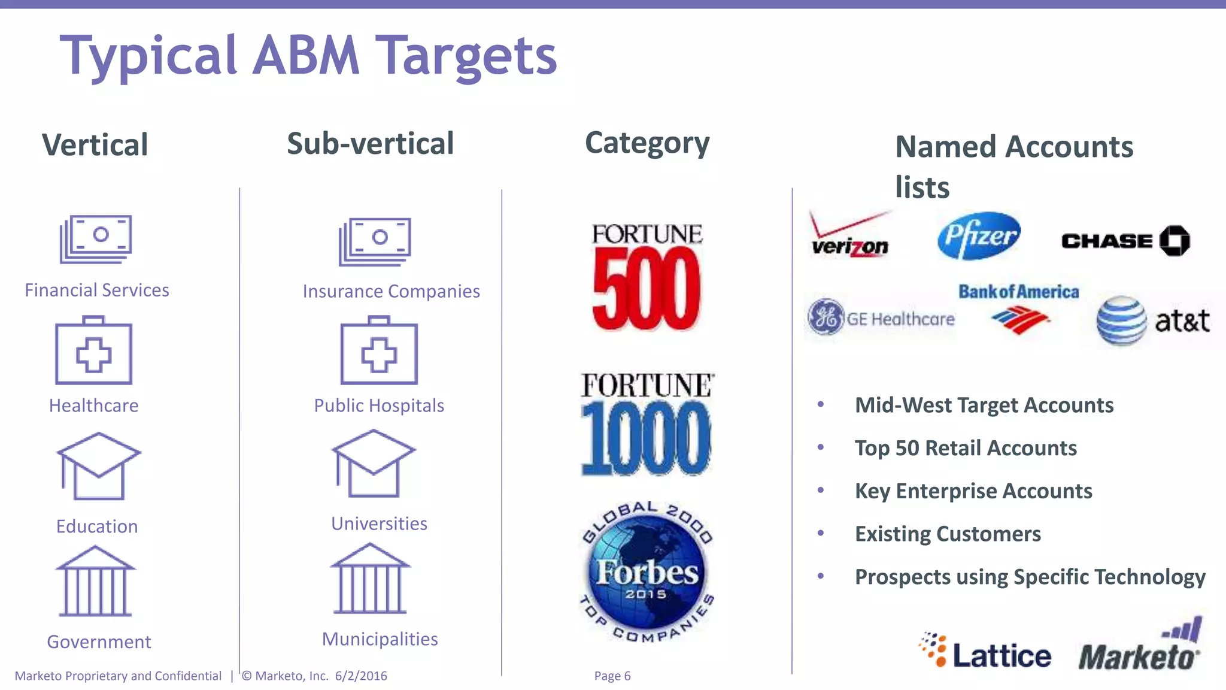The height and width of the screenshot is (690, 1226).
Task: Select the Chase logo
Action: [1125, 241]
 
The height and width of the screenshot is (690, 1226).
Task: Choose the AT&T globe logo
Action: [1122, 320]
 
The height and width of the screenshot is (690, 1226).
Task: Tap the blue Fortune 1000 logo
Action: [647, 425]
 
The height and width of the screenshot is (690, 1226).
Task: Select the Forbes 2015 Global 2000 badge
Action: [647, 572]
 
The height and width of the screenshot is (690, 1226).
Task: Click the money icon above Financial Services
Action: [96, 239]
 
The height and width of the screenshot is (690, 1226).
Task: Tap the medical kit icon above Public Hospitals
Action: [379, 351]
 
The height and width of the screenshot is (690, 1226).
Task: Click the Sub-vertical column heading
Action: [371, 144]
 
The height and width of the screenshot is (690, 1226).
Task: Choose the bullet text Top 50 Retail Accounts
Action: [966, 448]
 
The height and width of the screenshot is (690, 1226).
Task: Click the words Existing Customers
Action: [948, 534]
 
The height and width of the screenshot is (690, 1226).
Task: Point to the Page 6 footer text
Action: [612, 676]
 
